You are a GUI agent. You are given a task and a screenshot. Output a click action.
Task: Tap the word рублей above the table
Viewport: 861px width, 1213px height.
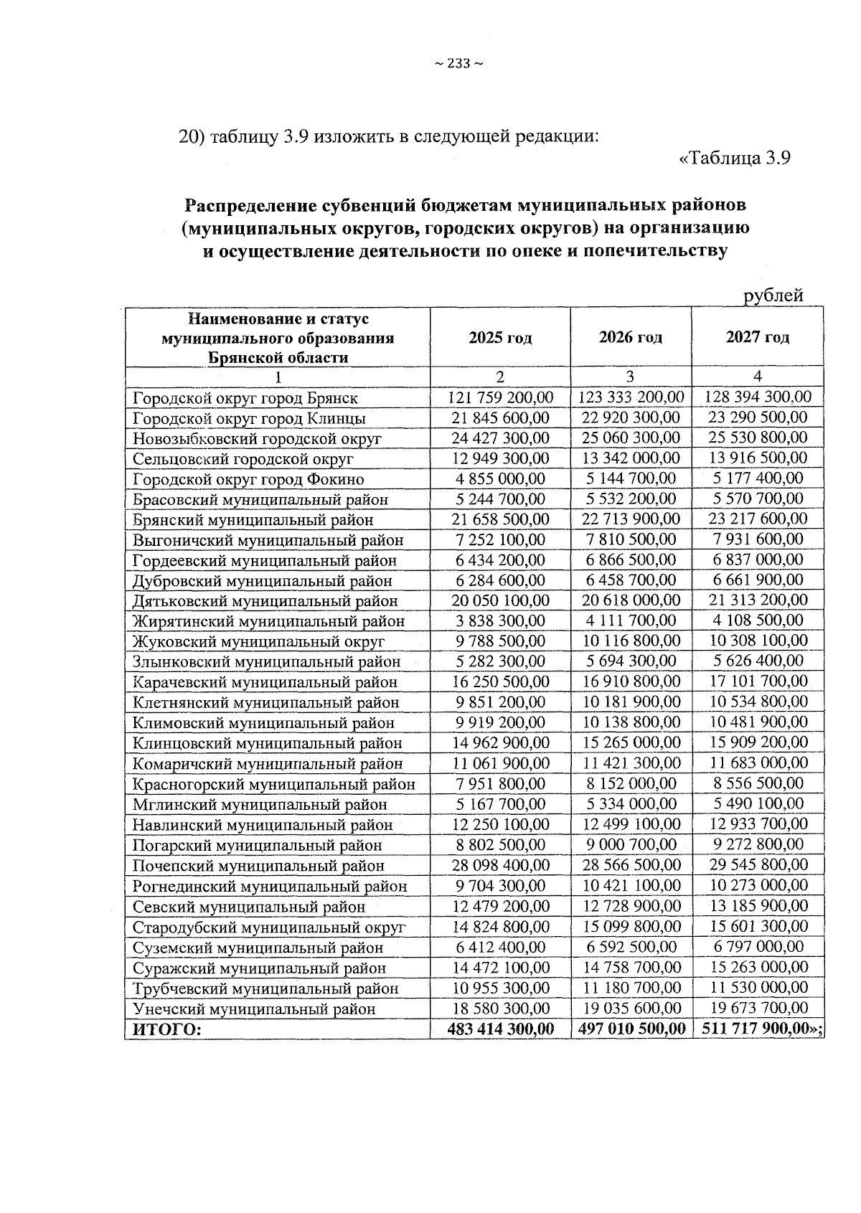coord(773,296)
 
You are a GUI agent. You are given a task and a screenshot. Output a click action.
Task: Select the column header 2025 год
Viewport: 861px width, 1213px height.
coord(500,337)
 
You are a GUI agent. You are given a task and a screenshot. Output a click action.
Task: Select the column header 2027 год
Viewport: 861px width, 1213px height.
coord(757,337)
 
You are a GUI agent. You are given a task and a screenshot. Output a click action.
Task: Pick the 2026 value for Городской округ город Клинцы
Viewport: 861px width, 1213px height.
coord(631,417)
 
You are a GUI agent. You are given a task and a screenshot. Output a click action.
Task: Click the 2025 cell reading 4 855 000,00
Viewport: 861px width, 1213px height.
coord(500,478)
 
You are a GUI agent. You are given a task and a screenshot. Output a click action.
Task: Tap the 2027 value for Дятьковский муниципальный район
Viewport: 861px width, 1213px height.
coord(758,600)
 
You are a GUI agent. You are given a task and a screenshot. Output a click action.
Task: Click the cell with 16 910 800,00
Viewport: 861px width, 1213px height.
coord(631,681)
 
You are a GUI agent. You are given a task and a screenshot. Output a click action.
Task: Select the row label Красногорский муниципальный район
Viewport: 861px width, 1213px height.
coord(273,784)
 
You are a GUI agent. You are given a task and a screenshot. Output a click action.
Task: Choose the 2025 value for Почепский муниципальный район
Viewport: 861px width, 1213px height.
coord(500,865)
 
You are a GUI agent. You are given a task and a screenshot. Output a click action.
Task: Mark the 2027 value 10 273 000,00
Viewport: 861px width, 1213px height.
coord(758,885)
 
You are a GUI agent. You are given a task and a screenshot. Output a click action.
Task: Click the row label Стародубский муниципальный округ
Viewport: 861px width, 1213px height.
coord(269,927)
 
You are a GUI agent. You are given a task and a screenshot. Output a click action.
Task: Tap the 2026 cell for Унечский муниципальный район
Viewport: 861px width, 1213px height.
coord(631,1008)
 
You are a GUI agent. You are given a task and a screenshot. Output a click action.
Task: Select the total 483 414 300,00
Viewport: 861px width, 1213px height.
coord(500,1029)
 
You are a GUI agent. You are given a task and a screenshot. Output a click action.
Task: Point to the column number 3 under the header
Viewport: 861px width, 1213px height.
coord(630,377)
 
